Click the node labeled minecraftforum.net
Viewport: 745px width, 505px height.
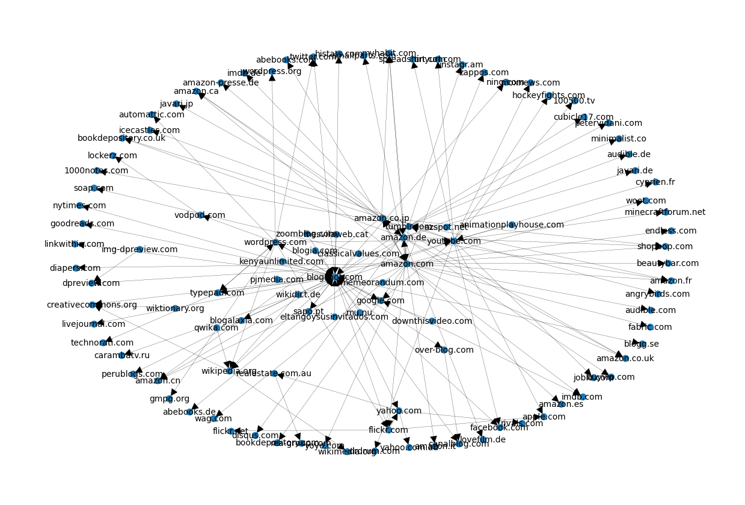pyautogui.click(x=665, y=212)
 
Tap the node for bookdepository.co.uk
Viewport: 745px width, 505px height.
pyautogui.click(x=122, y=138)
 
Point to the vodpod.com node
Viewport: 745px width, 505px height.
pyautogui.click(x=201, y=215)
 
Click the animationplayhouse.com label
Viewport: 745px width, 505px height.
pyautogui.click(x=512, y=225)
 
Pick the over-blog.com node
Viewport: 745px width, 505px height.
pyautogui.click(x=444, y=350)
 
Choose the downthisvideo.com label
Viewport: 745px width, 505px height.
pyautogui.click(x=432, y=321)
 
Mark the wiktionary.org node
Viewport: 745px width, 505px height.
pyautogui.click(x=175, y=308)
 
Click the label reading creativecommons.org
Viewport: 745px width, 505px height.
pyautogui.click(x=92, y=305)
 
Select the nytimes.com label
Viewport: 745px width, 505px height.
pyautogui.click(x=79, y=205)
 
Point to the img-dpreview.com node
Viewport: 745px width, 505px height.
pyautogui.click(x=140, y=249)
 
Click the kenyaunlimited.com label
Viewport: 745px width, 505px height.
pyautogui.click(x=281, y=261)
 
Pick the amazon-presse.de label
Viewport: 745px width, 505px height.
pyautogui.click(x=221, y=82)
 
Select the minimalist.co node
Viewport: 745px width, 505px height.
pyautogui.click(x=619, y=138)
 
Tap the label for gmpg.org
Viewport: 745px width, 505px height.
pyautogui.click(x=170, y=398)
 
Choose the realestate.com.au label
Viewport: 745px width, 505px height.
pyautogui.click(x=274, y=373)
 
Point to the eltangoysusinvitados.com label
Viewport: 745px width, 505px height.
pyautogui.click(x=334, y=317)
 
